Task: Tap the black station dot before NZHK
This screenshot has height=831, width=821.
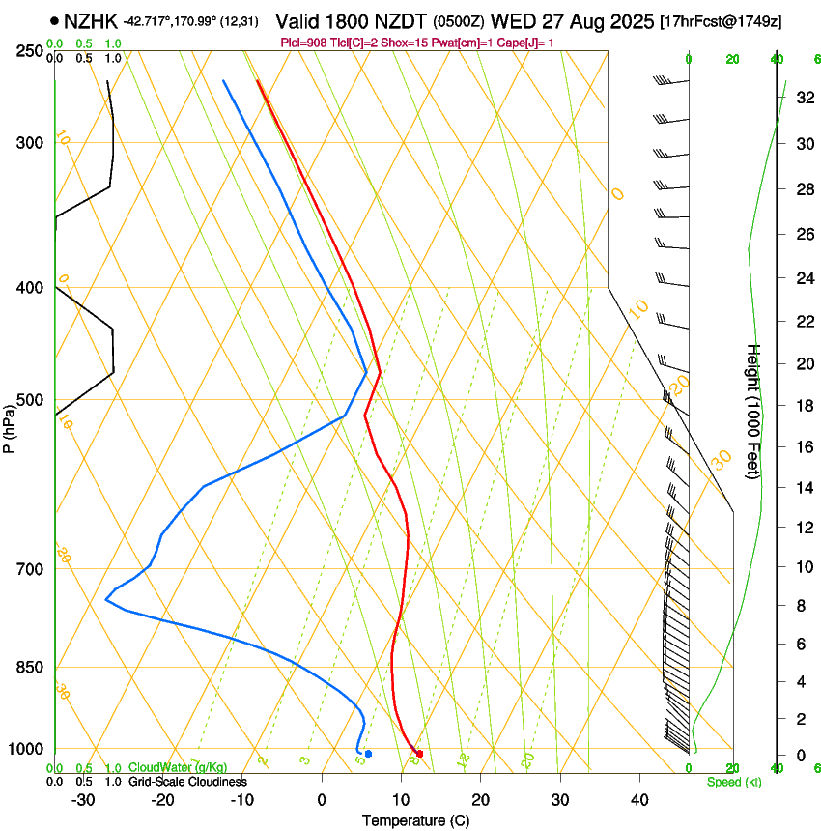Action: point(54,20)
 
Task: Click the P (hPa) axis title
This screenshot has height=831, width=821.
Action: point(10,424)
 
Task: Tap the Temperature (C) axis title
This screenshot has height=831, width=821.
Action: point(415,820)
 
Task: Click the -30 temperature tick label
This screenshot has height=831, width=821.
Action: point(83,800)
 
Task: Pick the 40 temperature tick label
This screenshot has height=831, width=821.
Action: point(638,800)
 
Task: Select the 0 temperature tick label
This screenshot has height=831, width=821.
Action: point(322,800)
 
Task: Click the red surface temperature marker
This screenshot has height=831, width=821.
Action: point(419,754)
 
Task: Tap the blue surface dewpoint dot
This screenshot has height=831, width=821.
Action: point(368,754)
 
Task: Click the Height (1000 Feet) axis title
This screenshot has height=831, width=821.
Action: point(754,412)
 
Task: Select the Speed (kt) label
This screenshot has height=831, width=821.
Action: point(733,782)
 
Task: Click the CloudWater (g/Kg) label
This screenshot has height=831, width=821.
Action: point(177,767)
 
